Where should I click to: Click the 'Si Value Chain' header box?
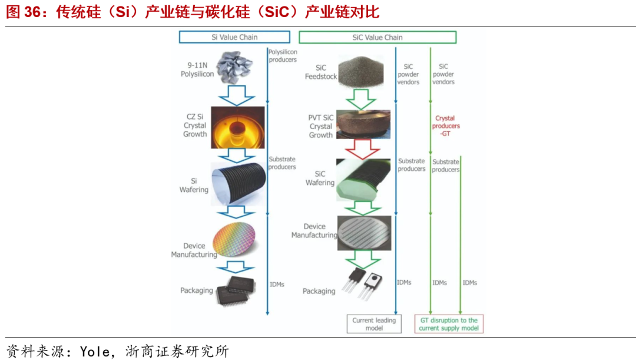234,37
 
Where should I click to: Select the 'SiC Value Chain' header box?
377,37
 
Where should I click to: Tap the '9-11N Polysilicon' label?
197,70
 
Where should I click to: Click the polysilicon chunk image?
234,67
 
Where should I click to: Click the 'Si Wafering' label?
194,185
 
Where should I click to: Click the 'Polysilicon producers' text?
283,55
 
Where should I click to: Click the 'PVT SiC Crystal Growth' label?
320,126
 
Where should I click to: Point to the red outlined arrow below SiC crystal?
361,150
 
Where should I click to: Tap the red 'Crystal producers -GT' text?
446,126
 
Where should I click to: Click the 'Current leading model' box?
374,324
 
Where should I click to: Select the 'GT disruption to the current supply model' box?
449,324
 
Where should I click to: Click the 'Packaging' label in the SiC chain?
319,291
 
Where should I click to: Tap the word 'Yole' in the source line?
94,352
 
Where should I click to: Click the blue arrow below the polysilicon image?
234,94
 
